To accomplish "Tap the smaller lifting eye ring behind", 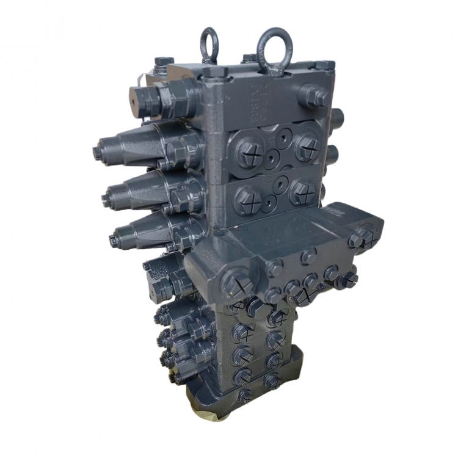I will [x=209, y=43].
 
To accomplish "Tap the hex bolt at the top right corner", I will [x=324, y=65].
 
